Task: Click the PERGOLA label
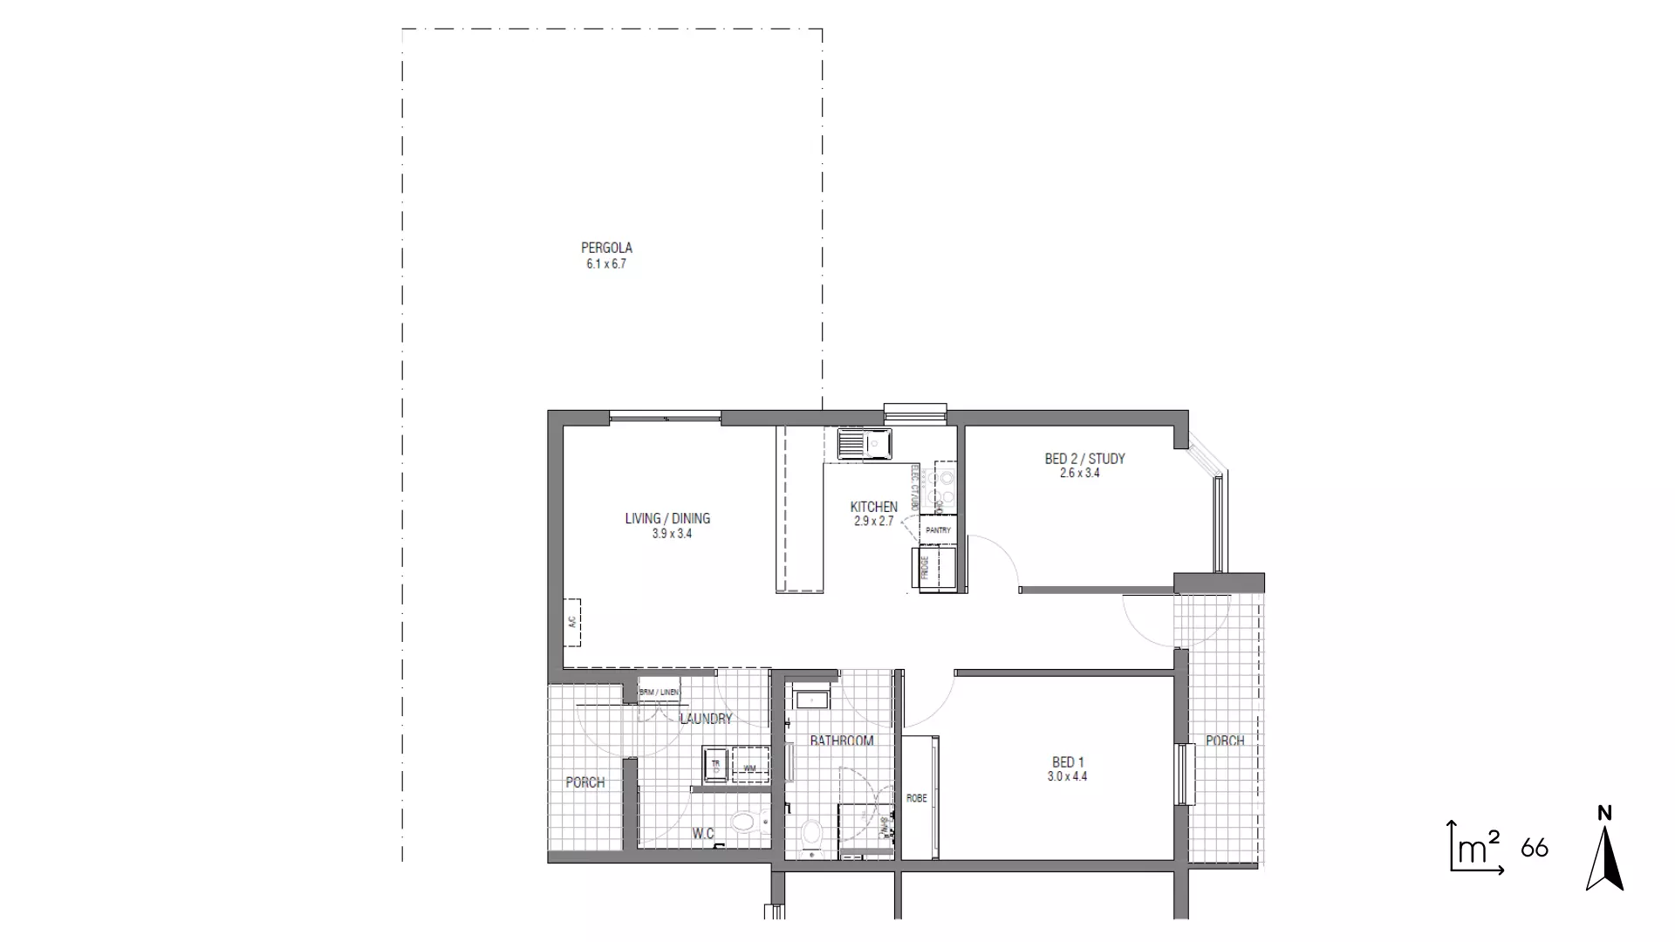[606, 249]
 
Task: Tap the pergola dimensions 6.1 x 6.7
[606, 264]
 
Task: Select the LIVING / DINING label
[667, 519]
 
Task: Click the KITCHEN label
[873, 507]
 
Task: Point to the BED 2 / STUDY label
[1084, 459]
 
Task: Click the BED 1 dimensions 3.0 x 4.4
[1068, 777]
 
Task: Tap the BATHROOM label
[841, 741]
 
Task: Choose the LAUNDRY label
[706, 720]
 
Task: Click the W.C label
[703, 835]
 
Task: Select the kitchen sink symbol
[863, 445]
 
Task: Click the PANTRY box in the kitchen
[938, 530]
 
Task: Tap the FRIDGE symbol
[933, 568]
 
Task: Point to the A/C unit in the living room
[572, 622]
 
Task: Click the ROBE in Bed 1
[917, 798]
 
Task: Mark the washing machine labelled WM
[750, 768]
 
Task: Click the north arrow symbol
[1604, 851]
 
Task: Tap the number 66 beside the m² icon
[1535, 848]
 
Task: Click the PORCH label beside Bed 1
[1225, 741]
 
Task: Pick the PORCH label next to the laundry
[585, 782]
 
